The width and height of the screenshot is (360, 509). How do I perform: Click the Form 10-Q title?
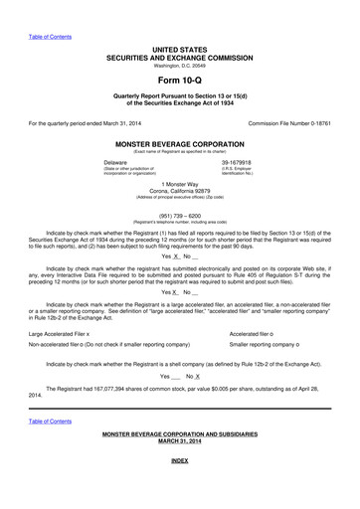pyautogui.click(x=179, y=82)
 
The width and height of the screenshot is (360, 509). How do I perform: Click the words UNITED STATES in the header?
pyautogui.click(x=180, y=48)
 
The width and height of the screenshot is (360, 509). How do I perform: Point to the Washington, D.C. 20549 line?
pyautogui.click(x=180, y=65)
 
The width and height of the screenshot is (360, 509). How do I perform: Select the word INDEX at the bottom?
pyautogui.click(x=180, y=490)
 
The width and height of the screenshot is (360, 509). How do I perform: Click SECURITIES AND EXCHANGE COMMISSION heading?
pyautogui.click(x=180, y=56)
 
